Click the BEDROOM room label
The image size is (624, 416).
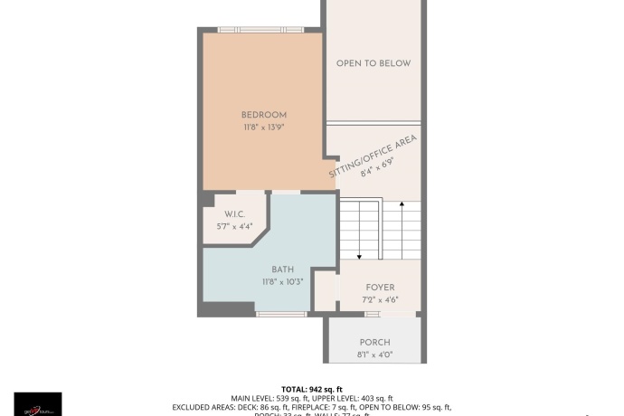point(263,115)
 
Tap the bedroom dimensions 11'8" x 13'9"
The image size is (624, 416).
point(263,128)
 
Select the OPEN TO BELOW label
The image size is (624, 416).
point(373,63)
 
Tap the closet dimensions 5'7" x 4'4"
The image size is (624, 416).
point(234,226)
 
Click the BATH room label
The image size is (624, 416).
point(282,269)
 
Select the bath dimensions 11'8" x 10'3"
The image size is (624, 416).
point(281,281)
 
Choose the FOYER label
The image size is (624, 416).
point(380,288)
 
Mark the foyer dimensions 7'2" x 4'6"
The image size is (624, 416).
point(380,299)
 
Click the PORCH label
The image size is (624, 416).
point(374,342)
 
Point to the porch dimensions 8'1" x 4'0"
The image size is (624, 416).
point(374,354)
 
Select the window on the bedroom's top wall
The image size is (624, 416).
point(262,30)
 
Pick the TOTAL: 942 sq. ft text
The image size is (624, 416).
point(311,388)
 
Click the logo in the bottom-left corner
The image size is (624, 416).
point(38,403)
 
